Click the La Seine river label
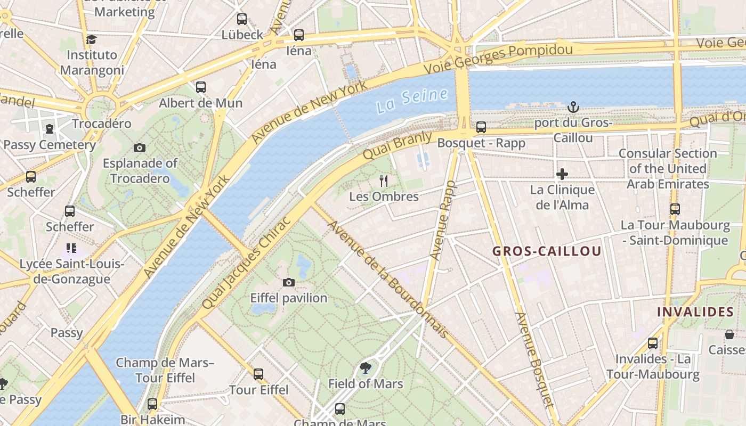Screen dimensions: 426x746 coord(411,100)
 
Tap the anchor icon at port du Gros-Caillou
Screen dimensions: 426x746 coord(573,107)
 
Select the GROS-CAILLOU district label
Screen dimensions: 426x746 coord(547,251)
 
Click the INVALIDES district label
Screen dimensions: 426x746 coord(695,312)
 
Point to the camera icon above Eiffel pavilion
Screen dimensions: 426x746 coord(289,282)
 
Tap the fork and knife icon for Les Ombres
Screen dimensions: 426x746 coord(383,181)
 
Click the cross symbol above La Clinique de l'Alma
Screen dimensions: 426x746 coord(562,174)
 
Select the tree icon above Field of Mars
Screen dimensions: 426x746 coord(365,367)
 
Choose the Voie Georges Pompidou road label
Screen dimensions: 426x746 coord(498,59)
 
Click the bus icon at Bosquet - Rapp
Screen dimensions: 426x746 coord(481,127)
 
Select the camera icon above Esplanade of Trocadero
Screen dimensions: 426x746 coord(140,148)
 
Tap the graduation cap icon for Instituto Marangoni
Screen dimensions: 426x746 coord(92,39)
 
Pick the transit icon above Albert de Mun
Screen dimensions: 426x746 coord(201,87)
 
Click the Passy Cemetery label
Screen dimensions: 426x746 coord(50,145)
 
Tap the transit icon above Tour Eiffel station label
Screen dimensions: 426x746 coord(258,374)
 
